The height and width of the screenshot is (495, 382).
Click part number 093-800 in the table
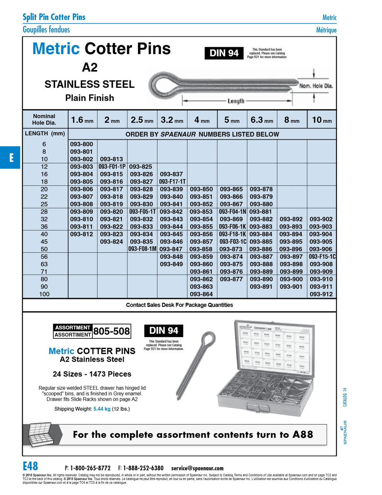tap(81, 144)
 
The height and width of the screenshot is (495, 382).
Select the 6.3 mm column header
tap(261, 120)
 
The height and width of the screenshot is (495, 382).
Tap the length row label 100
tap(44, 294)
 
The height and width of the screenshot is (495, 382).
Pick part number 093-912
tap(321, 294)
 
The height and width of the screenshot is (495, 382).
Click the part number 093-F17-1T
tap(172, 182)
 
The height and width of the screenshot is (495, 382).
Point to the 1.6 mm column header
tap(82, 120)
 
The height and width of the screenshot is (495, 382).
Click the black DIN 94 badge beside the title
tap(224, 53)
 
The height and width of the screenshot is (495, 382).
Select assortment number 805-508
tap(111, 331)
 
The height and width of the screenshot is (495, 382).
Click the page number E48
tap(31, 466)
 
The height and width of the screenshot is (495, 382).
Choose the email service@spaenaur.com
tap(197, 468)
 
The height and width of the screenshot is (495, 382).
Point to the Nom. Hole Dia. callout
tap(316, 86)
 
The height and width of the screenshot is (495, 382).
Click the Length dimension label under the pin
tap(236, 101)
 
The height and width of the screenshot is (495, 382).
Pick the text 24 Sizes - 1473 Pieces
tap(92, 374)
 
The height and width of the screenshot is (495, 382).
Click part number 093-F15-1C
tap(322, 257)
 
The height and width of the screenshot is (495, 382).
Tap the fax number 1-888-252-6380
tap(143, 468)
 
